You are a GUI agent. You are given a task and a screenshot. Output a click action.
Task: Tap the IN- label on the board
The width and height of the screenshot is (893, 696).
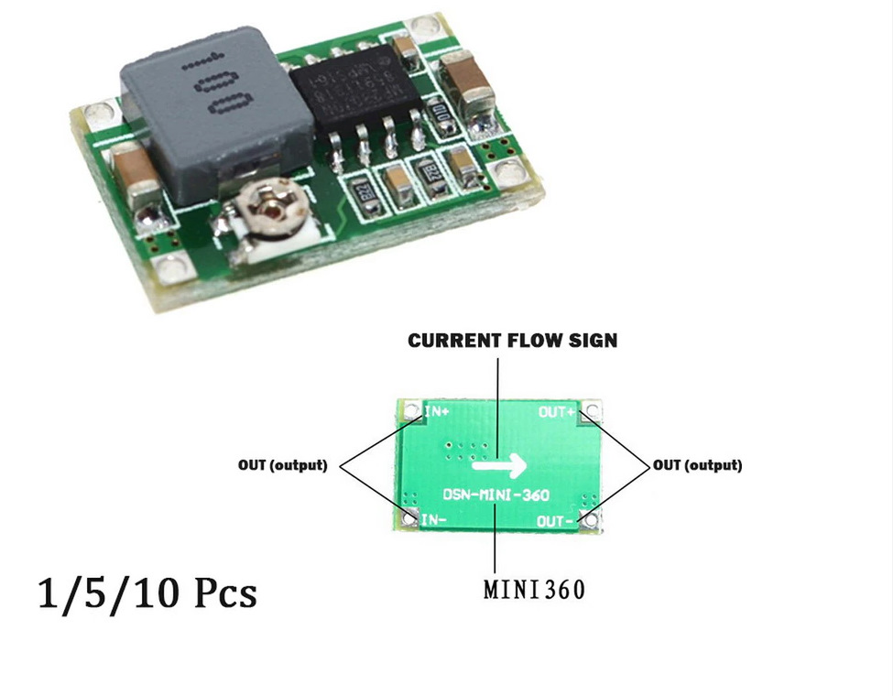[435, 519]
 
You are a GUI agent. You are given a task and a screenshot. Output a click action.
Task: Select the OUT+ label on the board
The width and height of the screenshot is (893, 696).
[557, 412]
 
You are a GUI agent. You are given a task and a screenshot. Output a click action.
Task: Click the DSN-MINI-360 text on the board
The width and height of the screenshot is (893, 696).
[496, 495]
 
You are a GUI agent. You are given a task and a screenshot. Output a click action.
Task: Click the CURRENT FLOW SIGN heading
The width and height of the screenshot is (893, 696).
[513, 341]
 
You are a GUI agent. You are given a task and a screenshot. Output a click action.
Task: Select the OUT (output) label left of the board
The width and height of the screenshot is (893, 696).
[282, 465]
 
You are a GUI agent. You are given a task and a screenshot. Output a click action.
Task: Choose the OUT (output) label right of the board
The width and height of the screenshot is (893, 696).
[697, 465]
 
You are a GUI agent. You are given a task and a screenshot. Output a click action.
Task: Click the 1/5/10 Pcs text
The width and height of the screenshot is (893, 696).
[147, 593]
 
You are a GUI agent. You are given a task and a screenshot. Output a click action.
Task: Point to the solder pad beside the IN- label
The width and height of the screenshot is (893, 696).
[407, 521]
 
